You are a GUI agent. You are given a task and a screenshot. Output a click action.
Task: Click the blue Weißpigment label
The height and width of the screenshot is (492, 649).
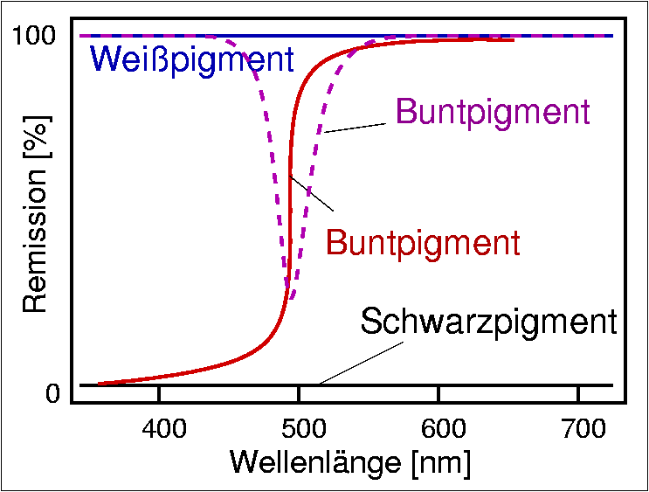tap(191, 59)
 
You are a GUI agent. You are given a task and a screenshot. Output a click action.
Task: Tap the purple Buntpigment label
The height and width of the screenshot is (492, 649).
tap(493, 112)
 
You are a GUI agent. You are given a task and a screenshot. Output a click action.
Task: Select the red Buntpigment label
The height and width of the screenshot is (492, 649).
tap(423, 242)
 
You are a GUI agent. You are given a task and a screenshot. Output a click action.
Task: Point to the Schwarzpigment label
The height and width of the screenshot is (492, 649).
tap(488, 322)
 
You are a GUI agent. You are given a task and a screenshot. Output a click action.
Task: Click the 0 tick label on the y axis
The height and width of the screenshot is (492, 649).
tap(52, 394)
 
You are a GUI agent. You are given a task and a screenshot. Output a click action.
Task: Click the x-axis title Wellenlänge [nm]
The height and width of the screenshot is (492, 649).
tap(350, 462)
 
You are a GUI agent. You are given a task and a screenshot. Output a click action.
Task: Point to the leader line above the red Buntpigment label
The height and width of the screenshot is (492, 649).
tap(313, 194)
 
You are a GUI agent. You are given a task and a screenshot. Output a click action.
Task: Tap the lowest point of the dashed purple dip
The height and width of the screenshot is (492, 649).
tap(292, 299)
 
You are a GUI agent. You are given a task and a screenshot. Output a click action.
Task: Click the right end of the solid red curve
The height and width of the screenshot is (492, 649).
tap(513, 39)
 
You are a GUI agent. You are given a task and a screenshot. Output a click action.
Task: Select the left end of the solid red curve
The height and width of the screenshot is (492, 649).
tap(98, 384)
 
